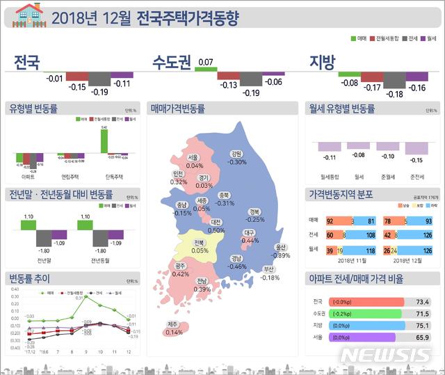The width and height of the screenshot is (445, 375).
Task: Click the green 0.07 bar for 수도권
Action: coord(206,69)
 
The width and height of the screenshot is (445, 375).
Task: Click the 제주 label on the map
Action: coord(174,324)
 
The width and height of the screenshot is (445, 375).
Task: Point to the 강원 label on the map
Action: coord(236,154)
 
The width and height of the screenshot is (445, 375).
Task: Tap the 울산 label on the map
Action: coord(281,247)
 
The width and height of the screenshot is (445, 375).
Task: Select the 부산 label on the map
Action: coord(270,269)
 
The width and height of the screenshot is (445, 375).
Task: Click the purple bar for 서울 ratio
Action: coord(362,337)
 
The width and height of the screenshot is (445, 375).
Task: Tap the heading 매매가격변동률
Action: coord(178,109)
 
